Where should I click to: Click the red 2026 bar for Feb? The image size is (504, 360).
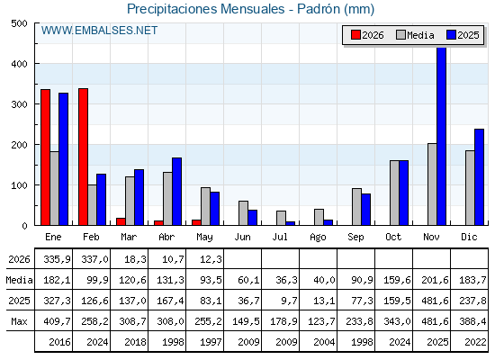click(83, 157)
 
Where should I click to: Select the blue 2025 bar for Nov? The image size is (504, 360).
click(442, 136)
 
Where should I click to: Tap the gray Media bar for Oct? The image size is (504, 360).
click(394, 193)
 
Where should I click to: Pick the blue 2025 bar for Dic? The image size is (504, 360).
click(479, 177)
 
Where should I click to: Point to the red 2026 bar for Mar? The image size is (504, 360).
click(121, 221)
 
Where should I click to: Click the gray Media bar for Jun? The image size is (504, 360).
click(243, 213)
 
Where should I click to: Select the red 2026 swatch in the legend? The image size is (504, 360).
click(355, 35)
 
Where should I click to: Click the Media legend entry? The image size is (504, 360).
click(415, 35)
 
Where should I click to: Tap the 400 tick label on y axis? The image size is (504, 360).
click(19, 64)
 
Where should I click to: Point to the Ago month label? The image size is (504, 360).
click(318, 238)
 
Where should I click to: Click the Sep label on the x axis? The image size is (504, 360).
click(355, 238)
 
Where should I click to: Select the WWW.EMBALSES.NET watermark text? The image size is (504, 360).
click(99, 31)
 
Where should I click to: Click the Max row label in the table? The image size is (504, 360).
click(19, 321)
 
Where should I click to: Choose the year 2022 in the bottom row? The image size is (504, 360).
click(475, 342)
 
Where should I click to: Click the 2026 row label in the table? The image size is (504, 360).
click(19, 259)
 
